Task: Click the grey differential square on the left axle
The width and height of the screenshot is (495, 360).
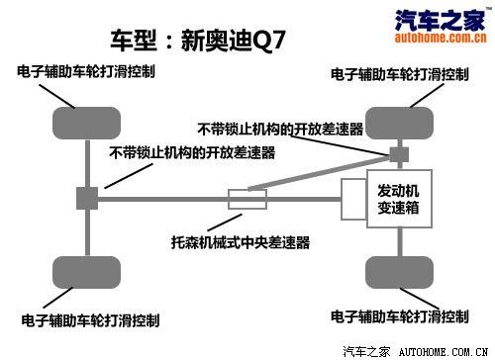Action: coord(86,198)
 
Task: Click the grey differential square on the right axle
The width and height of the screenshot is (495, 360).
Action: coord(399,155)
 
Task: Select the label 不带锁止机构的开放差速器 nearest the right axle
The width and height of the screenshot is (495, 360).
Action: coord(280,129)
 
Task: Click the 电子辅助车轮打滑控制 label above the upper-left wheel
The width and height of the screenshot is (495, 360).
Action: coord(92,72)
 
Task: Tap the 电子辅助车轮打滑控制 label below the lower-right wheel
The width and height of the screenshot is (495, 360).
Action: coord(400,317)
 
